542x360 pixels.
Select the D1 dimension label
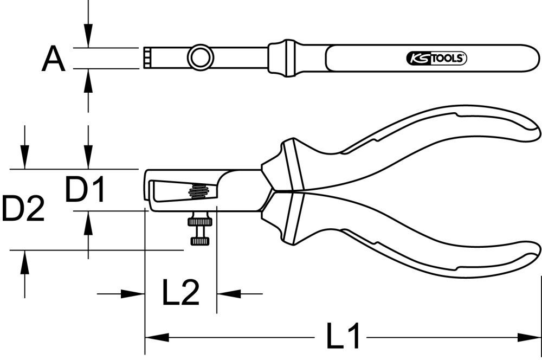pos(85,189)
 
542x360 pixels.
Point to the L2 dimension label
pos(181,293)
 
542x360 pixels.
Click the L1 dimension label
pos(343,337)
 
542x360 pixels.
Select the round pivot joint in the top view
pos(199,57)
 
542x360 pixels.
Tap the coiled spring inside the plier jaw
pos(199,191)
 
